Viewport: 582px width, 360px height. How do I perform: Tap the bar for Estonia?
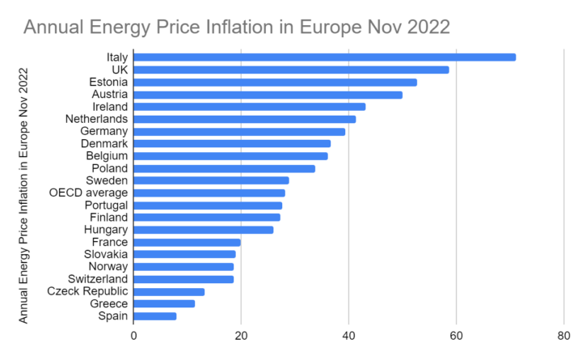point(275,82)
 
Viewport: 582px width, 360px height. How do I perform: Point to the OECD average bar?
point(209,193)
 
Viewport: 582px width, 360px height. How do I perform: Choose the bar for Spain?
point(154,316)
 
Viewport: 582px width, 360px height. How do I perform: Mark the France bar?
point(187,242)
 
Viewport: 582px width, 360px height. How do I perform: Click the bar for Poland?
point(224,168)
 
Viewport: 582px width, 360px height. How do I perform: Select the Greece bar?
point(164,303)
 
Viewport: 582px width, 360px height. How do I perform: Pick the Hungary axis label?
point(104,230)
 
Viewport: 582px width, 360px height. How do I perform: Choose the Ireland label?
point(108,106)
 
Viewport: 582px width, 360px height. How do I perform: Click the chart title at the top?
point(237,27)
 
